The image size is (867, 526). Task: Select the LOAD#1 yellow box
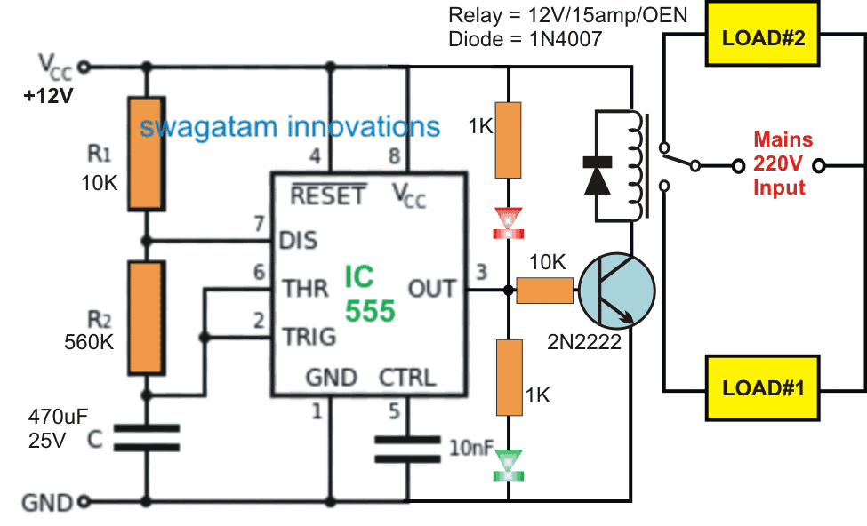[x=763, y=387]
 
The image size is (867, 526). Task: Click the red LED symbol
[x=510, y=221]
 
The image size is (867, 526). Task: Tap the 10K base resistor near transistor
[x=544, y=291]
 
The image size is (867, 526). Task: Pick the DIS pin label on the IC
[x=300, y=241]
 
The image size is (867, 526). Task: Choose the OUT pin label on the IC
[x=431, y=289]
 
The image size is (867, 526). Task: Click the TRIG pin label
[x=309, y=337]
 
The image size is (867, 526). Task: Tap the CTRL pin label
[x=408, y=378]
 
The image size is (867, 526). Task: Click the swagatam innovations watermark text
[x=290, y=126]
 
